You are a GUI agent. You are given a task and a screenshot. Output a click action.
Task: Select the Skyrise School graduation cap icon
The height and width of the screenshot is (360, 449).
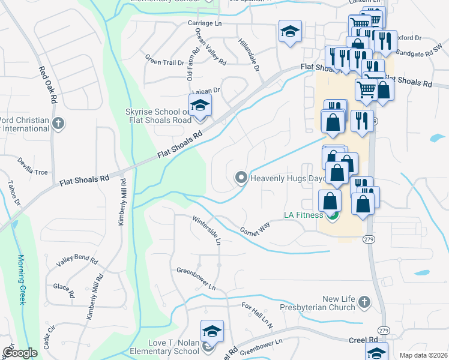tap(200, 106)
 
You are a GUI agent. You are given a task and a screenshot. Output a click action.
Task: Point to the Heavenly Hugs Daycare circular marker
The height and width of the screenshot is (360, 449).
tap(241, 178)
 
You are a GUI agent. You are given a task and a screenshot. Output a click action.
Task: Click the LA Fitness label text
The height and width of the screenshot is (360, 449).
tap(304, 215)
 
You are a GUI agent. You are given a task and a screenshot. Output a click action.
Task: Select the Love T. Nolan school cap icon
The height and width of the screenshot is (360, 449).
tap(211, 331)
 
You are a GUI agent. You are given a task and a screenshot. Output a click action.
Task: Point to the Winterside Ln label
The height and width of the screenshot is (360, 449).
tap(207, 230)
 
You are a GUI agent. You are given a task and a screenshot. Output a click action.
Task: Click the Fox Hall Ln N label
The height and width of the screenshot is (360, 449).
tap(257, 315)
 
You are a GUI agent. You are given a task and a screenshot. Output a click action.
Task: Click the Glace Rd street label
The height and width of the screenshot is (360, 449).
tap(63, 290)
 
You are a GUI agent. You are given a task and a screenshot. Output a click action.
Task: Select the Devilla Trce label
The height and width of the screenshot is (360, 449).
tap(32, 172)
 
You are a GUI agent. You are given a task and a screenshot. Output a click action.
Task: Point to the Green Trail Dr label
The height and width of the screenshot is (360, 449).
tap(164, 60)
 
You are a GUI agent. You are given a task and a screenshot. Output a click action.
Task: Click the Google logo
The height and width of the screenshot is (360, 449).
tap(20, 353)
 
